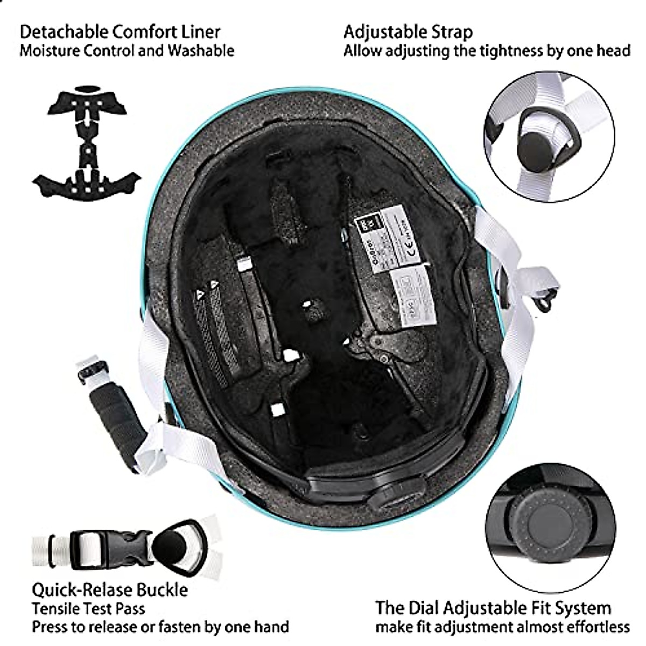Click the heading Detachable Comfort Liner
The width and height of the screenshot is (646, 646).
[120, 32]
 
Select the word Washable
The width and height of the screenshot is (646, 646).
[201, 51]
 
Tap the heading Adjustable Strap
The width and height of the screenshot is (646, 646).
[408, 32]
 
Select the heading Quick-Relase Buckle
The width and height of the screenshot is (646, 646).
[110, 589]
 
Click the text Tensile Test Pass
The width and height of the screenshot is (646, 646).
[88, 609]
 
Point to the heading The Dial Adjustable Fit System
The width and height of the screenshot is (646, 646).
[493, 608]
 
